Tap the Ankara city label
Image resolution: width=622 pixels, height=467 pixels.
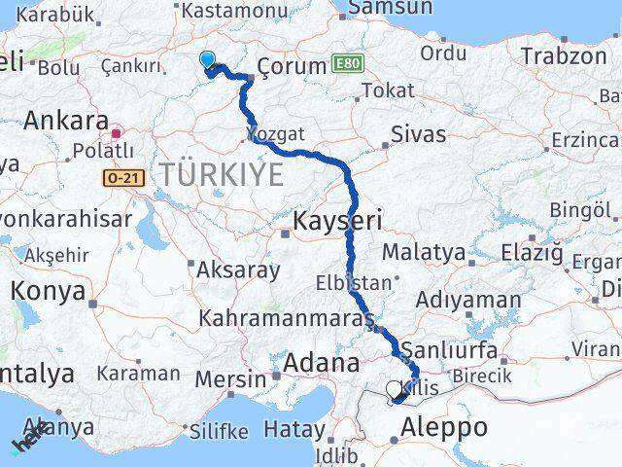(65, 122)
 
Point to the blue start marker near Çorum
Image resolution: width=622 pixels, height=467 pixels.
(207, 60)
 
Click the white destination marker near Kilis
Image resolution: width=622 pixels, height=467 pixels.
(394, 390)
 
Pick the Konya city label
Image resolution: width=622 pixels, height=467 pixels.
(48, 291)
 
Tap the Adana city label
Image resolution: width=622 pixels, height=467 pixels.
(321, 363)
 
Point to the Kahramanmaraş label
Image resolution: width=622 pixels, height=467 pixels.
(286, 318)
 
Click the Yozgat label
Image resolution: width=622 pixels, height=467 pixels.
(276, 133)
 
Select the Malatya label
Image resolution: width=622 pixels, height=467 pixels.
(423, 252)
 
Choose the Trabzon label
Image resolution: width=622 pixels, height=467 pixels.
(563, 55)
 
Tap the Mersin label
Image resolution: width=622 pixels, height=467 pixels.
(230, 378)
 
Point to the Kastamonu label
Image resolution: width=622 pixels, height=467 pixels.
(229, 10)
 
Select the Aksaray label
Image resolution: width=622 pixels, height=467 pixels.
(238, 269)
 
